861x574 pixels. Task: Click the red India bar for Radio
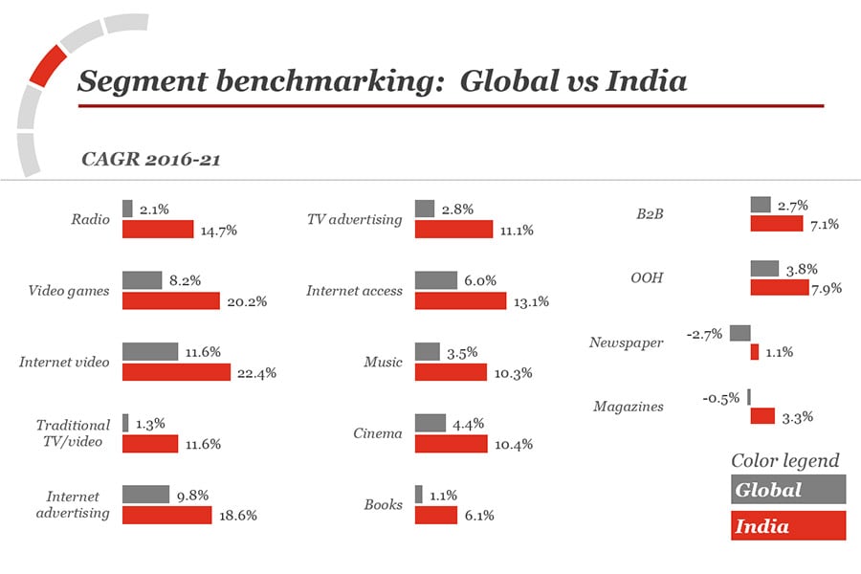pos(158,230)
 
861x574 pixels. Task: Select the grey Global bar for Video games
pos(142,280)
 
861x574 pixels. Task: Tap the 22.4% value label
pos(256,373)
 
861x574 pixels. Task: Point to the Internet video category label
pos(64,363)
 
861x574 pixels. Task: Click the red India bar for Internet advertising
pos(166,515)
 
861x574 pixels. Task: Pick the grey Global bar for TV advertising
pos(425,209)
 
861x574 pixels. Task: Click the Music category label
pos(383,363)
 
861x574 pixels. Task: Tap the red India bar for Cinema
pos(452,444)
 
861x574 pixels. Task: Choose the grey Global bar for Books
pos(419,495)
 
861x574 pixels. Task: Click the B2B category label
pos(650,214)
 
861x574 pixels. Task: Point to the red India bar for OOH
pos(779,287)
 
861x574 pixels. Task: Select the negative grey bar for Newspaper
pos(740,333)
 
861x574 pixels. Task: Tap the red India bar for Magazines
pos(762,415)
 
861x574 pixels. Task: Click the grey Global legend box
pos(788,489)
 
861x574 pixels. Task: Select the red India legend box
pos(788,525)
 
